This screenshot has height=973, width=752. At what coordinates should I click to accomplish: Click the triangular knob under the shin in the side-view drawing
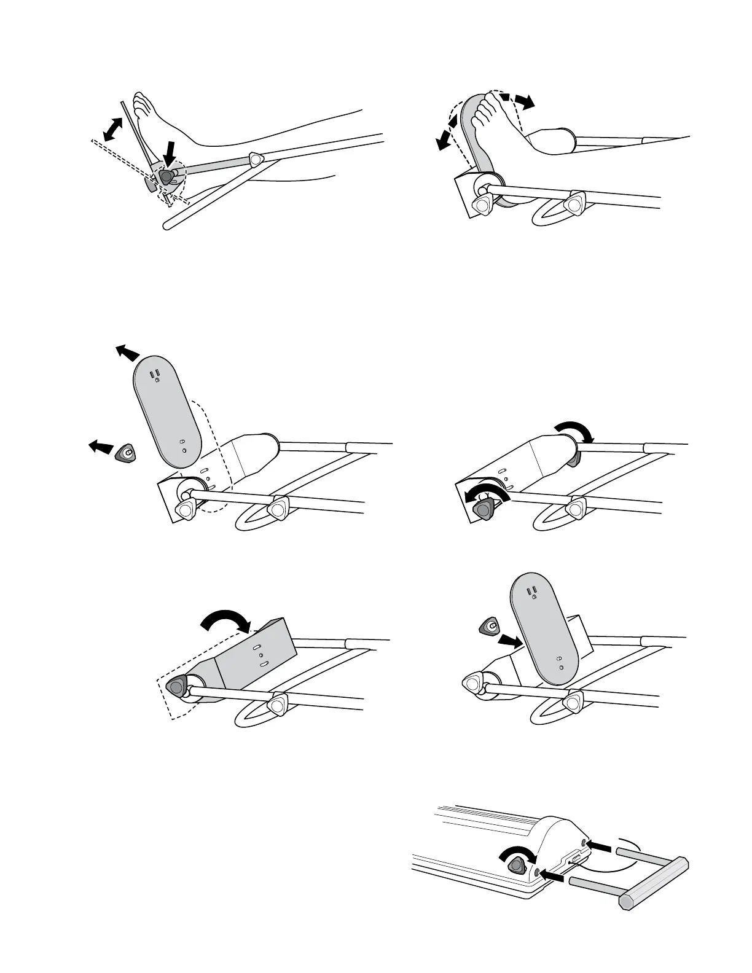coord(256,159)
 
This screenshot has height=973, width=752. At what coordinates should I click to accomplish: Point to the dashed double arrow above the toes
coord(515,100)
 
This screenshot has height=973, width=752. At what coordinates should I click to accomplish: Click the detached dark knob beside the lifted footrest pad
coord(127,453)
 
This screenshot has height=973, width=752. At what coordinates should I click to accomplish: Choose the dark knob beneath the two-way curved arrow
coord(485,509)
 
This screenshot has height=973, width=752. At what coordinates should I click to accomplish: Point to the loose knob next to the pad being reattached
coord(488,626)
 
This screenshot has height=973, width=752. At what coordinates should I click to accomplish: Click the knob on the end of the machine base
coord(517,866)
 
